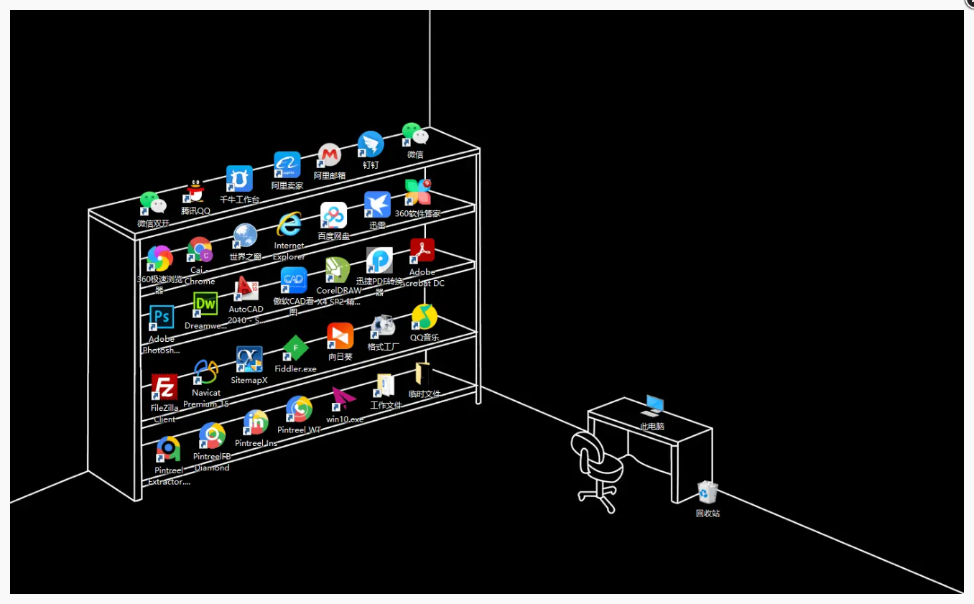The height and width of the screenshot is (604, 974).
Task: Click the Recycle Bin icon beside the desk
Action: (x=708, y=492)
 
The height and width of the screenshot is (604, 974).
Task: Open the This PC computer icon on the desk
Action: (x=653, y=405)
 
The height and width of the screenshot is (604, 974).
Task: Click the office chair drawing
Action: (x=598, y=467)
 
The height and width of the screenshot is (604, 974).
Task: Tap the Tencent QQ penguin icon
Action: (x=195, y=192)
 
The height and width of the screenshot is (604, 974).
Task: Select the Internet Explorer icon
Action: (x=289, y=225)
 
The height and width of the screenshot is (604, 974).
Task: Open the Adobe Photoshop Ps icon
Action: (x=162, y=317)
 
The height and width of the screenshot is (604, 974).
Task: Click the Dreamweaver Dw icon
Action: (x=205, y=305)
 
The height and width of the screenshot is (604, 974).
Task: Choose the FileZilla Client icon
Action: (x=164, y=387)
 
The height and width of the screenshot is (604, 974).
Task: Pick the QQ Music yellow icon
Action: (x=425, y=317)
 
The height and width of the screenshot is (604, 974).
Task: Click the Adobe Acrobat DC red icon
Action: (x=422, y=251)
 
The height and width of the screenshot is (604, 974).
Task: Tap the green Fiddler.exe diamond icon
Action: (x=295, y=348)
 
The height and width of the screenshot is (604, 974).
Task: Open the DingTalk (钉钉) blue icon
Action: (x=371, y=144)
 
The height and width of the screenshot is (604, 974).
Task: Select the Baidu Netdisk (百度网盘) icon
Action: (x=333, y=215)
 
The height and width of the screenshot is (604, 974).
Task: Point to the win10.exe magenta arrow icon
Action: (x=343, y=398)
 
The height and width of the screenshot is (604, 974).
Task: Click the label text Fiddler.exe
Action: (x=295, y=368)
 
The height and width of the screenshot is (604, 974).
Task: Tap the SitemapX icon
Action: (x=249, y=359)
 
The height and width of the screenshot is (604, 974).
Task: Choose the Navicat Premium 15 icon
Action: (x=206, y=372)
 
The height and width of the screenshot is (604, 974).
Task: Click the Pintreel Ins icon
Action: (x=256, y=422)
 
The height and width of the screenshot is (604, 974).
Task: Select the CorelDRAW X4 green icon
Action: (x=338, y=270)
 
